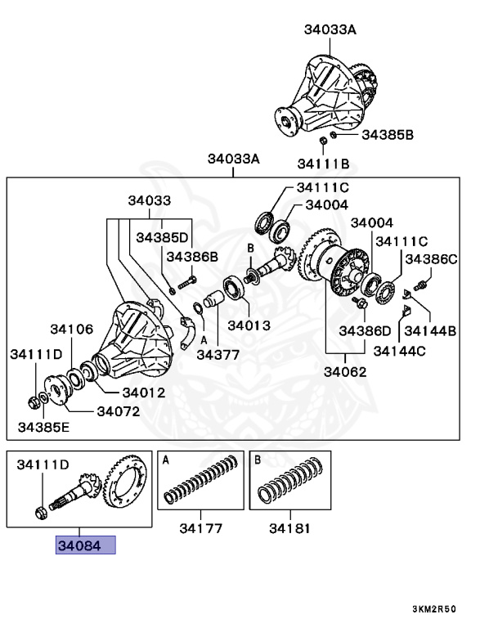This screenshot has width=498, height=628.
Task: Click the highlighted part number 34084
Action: [x=85, y=545]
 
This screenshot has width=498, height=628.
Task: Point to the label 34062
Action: [x=344, y=371]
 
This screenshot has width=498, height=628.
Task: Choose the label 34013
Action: [x=249, y=325]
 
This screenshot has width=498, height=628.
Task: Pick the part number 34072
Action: [x=119, y=410]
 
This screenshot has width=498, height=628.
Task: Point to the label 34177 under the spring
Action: [x=200, y=528]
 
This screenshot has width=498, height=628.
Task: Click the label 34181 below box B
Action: [x=289, y=528]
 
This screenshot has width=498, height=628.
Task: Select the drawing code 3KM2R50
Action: [x=433, y=609]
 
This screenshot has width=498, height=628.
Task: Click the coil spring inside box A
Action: [x=201, y=482]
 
